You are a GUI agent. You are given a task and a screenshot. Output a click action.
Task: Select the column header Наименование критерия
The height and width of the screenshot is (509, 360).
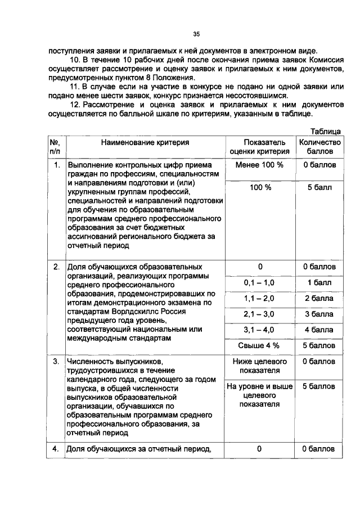(145, 143)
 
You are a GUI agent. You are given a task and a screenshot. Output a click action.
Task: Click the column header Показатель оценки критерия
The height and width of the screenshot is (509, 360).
(260, 147)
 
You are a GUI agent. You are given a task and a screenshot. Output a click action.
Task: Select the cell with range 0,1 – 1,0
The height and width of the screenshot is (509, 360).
(260, 282)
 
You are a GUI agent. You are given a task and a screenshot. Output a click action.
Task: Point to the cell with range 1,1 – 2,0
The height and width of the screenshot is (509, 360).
(260, 298)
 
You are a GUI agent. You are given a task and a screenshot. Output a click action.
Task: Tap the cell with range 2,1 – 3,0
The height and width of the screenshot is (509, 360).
(260, 314)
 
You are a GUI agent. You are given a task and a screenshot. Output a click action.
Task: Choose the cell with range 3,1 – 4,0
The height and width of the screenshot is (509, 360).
(260, 330)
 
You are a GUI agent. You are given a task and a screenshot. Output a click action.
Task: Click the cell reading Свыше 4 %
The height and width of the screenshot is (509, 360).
(260, 345)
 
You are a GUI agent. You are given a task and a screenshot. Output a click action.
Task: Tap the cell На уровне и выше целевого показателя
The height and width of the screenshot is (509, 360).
(260, 395)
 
